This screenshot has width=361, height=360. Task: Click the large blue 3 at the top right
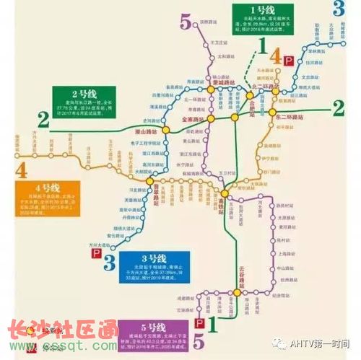coord(339,9)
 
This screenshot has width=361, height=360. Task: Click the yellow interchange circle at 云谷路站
coord(235,292)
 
